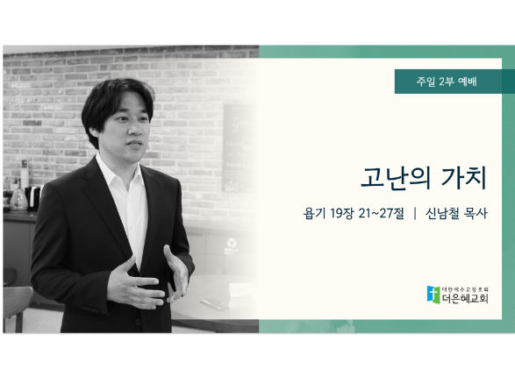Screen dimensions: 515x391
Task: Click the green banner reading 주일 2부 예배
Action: (454, 82)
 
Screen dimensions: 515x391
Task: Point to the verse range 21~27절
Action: (381, 213)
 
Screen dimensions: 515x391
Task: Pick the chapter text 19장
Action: (341, 213)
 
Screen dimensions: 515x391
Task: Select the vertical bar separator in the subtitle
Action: (415, 213)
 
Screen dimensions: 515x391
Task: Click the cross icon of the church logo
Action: (433, 295)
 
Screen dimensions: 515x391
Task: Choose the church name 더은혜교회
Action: (465, 298)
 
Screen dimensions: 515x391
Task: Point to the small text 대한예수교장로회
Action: (465, 289)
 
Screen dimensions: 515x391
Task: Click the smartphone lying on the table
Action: (215, 302)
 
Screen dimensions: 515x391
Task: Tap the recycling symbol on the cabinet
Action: (232, 243)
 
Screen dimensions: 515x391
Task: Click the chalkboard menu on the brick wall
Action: (240, 148)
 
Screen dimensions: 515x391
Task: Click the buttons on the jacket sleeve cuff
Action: (90, 309)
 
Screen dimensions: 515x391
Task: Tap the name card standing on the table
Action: (241, 290)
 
